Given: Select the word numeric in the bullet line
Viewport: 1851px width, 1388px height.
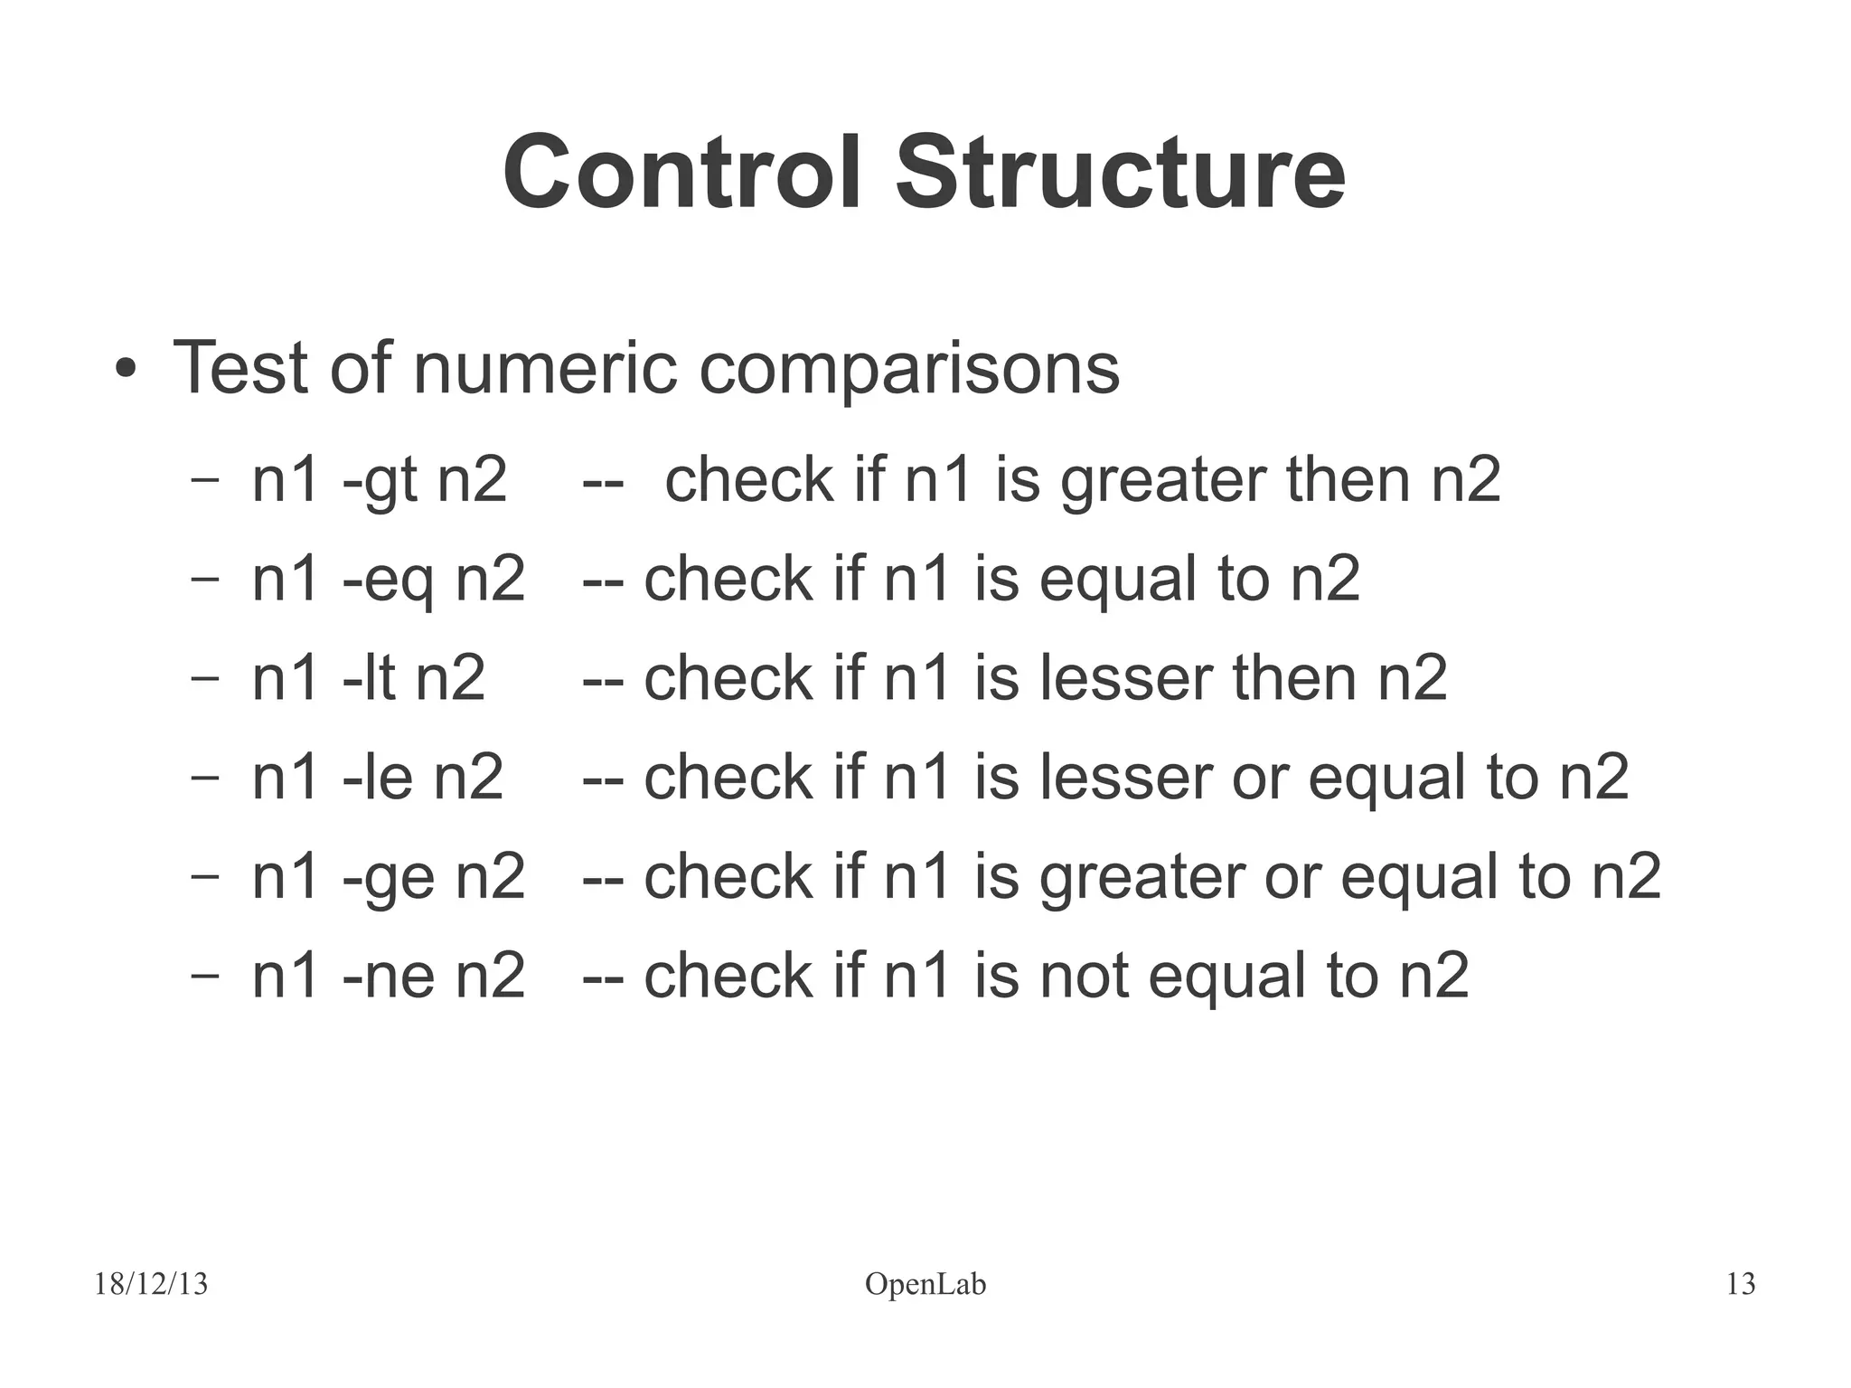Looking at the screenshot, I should coord(545,368).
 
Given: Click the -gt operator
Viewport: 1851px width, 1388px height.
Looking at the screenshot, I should coord(380,480).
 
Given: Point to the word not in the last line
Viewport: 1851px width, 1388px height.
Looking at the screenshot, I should coord(1084,977).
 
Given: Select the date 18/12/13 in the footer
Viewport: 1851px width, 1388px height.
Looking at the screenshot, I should coord(151,1284).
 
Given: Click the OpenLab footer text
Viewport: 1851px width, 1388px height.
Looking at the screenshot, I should coord(925,1284).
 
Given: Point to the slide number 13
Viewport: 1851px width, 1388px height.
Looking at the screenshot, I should coord(1740,1284).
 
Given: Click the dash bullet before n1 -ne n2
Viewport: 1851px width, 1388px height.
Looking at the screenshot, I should coord(205,976).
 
